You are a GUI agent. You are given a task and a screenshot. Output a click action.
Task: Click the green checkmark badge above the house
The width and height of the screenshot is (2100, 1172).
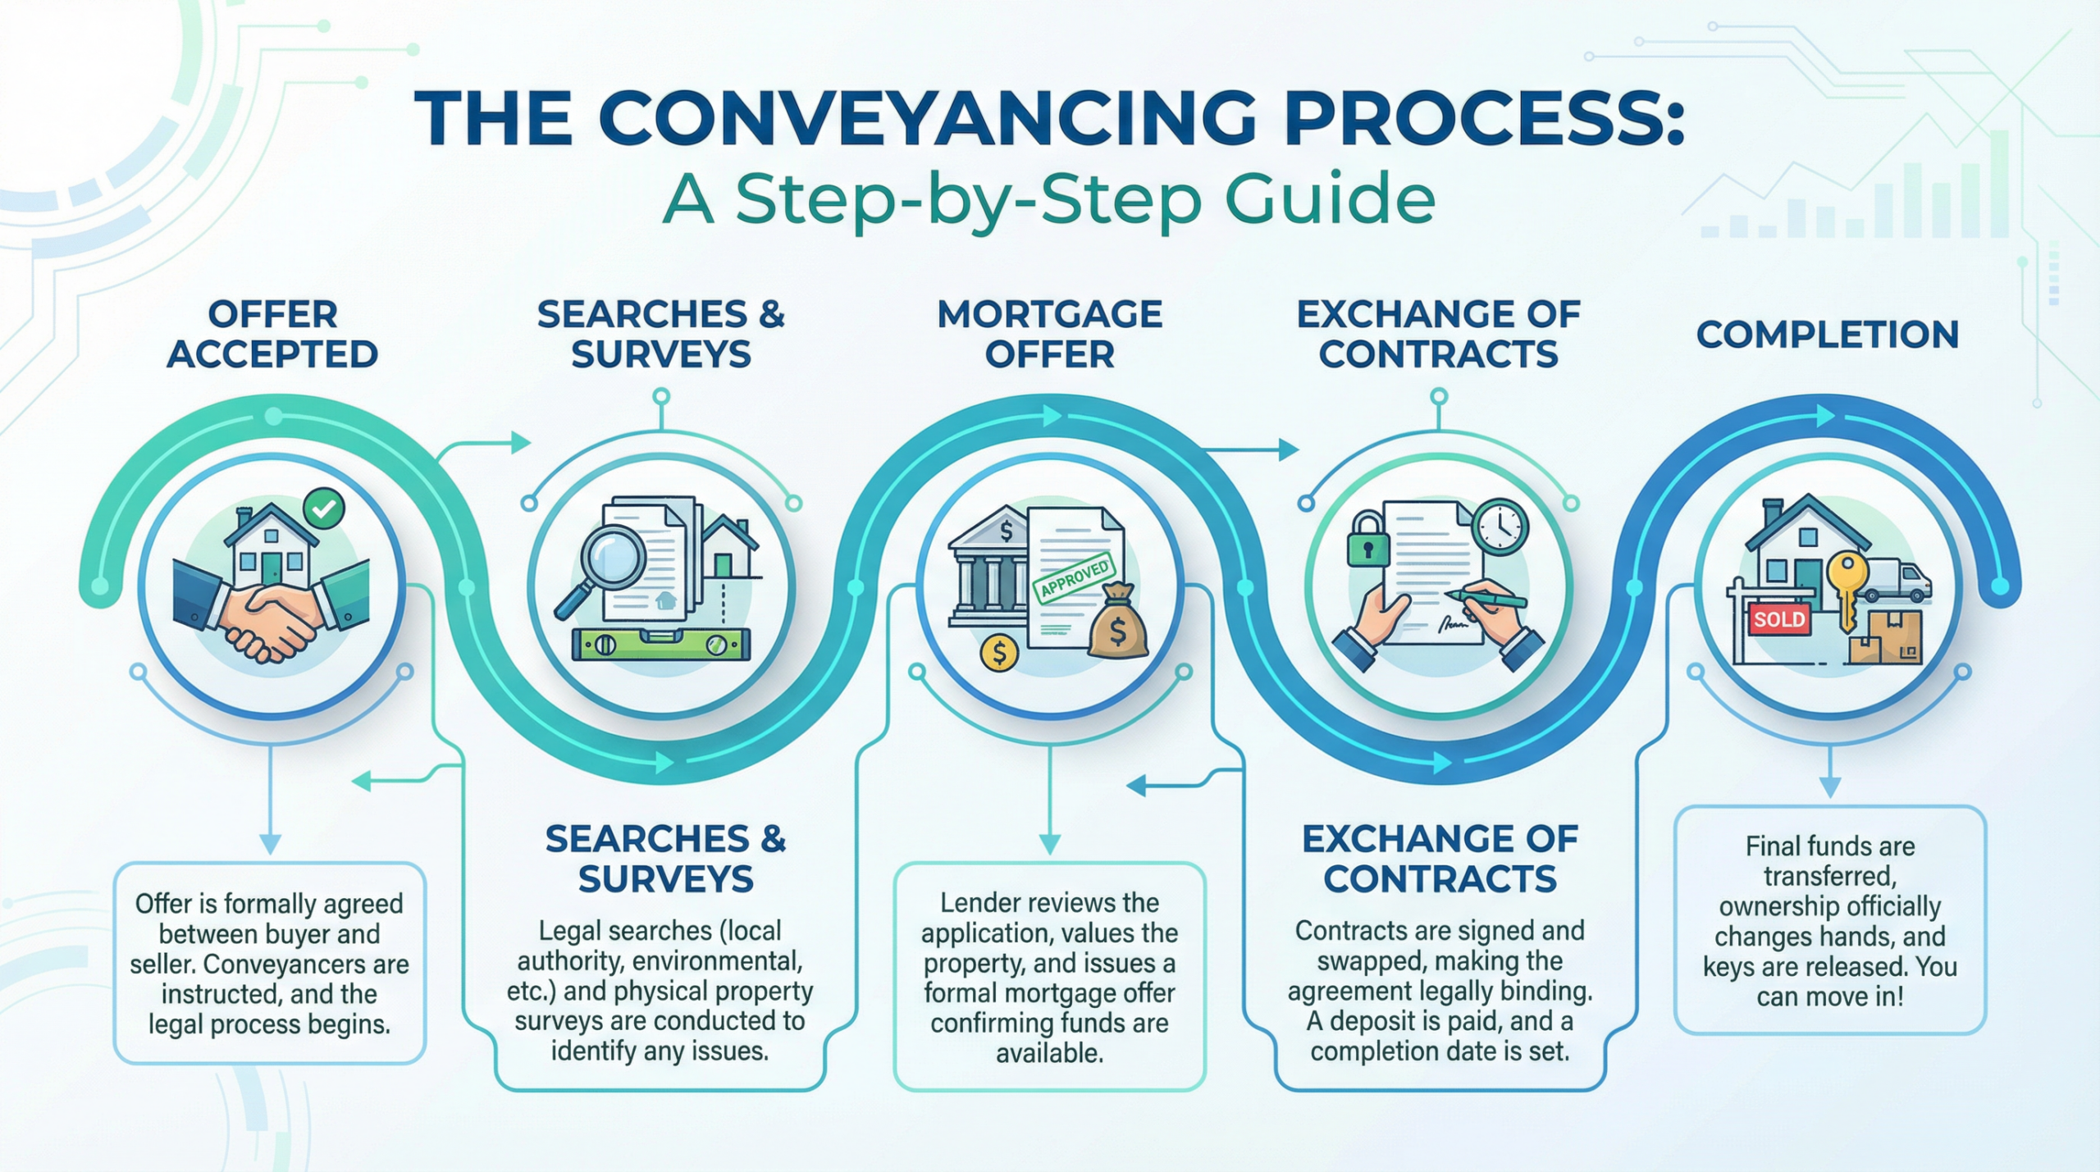pos(323,508)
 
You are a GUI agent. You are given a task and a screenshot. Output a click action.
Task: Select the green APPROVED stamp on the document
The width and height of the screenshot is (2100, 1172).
pos(1075,578)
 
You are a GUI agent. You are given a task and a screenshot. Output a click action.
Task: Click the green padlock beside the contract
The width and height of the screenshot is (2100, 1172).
pos(1367,542)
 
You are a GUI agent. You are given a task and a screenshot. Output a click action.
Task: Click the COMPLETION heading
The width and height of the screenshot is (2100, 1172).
pos(1828,335)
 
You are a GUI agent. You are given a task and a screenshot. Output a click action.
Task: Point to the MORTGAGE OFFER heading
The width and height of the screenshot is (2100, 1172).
pos(1049,334)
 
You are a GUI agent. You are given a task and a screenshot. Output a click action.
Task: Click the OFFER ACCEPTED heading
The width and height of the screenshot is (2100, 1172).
pos(272,334)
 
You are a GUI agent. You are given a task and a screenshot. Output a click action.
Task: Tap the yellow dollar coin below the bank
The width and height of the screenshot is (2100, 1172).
pos(999,653)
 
